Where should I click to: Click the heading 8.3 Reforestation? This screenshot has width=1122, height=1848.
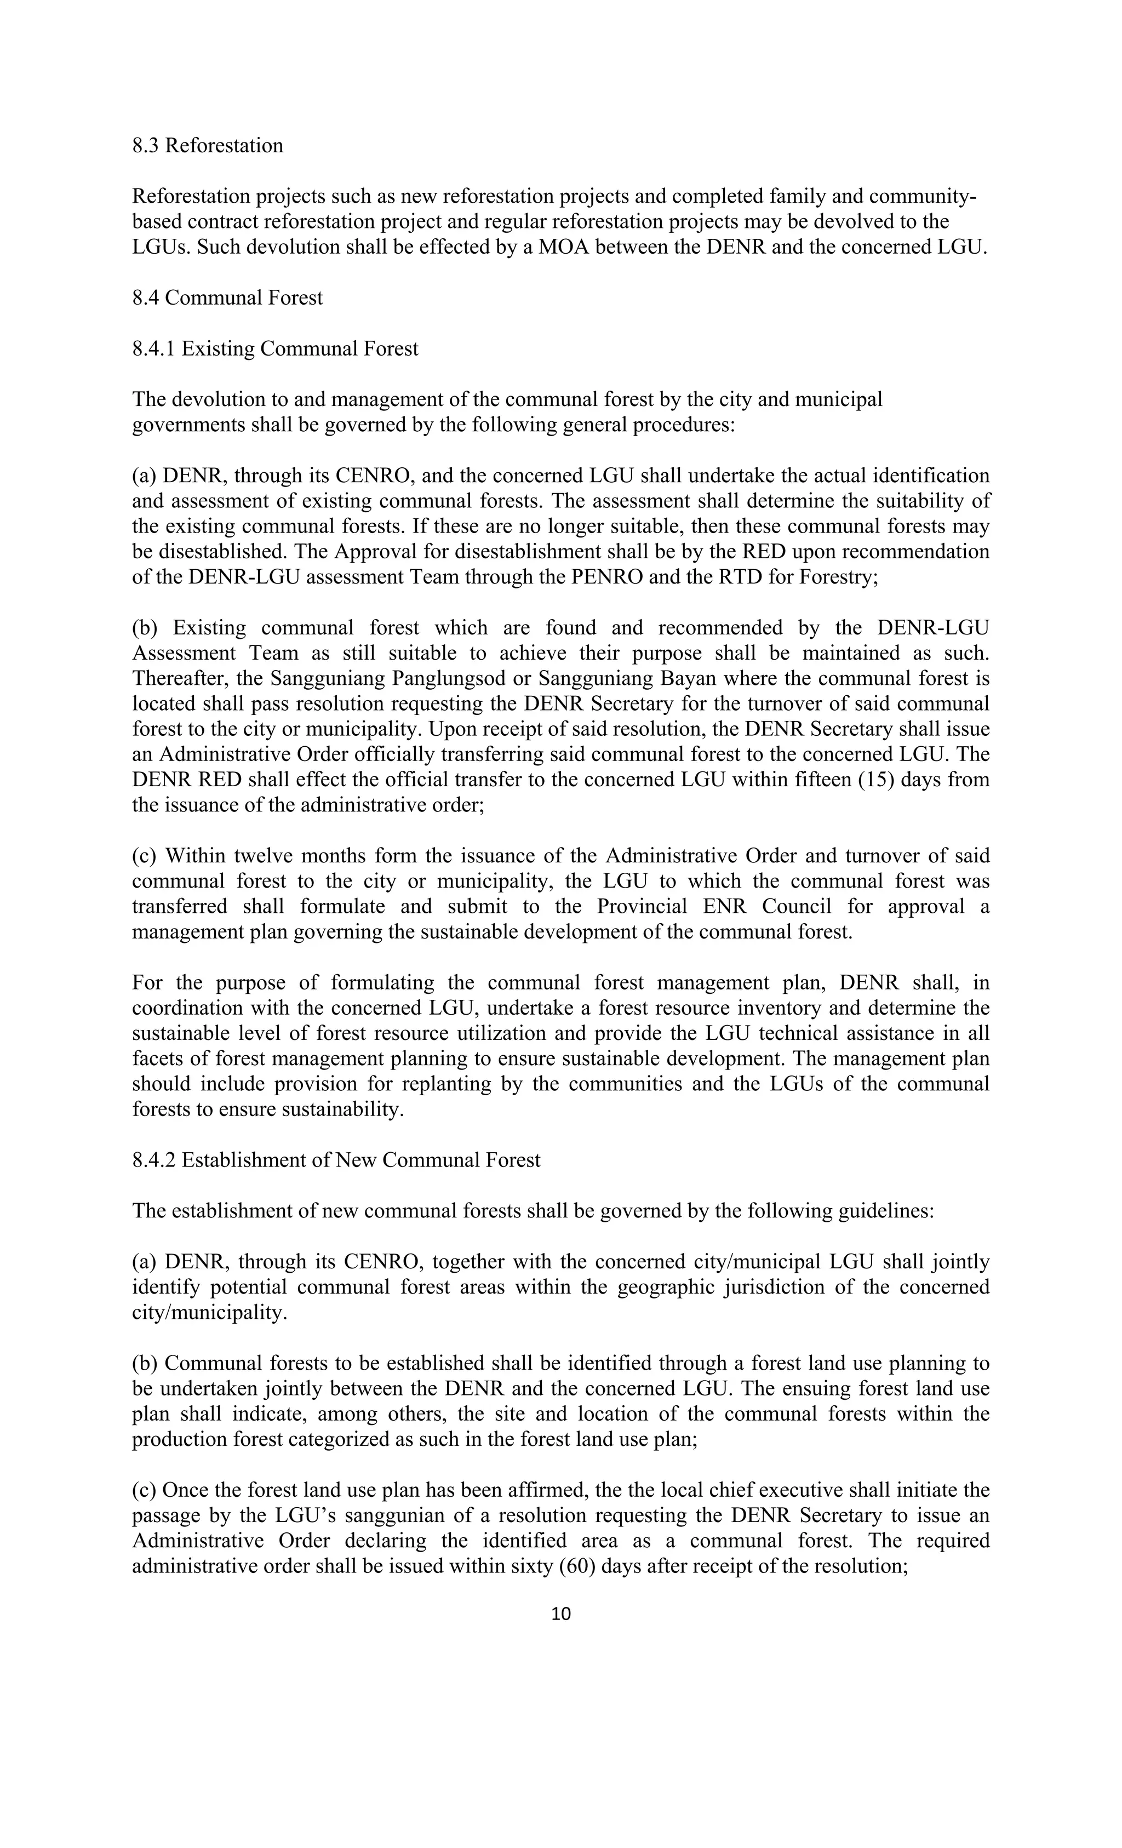(208, 146)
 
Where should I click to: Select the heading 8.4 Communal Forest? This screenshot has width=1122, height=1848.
(227, 297)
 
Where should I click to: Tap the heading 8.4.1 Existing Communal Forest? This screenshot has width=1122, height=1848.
(275, 349)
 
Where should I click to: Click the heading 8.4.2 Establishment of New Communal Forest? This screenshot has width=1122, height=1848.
(336, 1160)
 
